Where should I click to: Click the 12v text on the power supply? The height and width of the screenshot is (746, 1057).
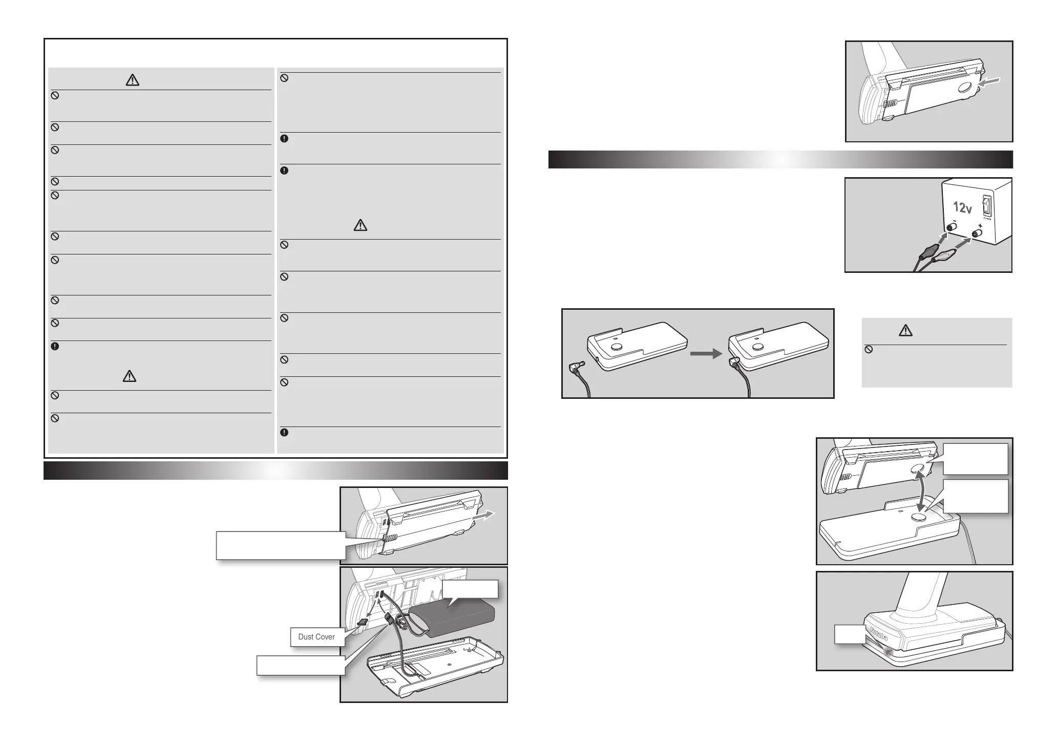click(962, 208)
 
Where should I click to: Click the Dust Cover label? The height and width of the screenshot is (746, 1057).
click(316, 637)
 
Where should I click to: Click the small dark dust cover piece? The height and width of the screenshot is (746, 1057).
click(362, 623)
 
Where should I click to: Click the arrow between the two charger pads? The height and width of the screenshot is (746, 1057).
click(706, 353)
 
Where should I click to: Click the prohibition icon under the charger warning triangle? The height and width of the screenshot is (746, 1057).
click(869, 350)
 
